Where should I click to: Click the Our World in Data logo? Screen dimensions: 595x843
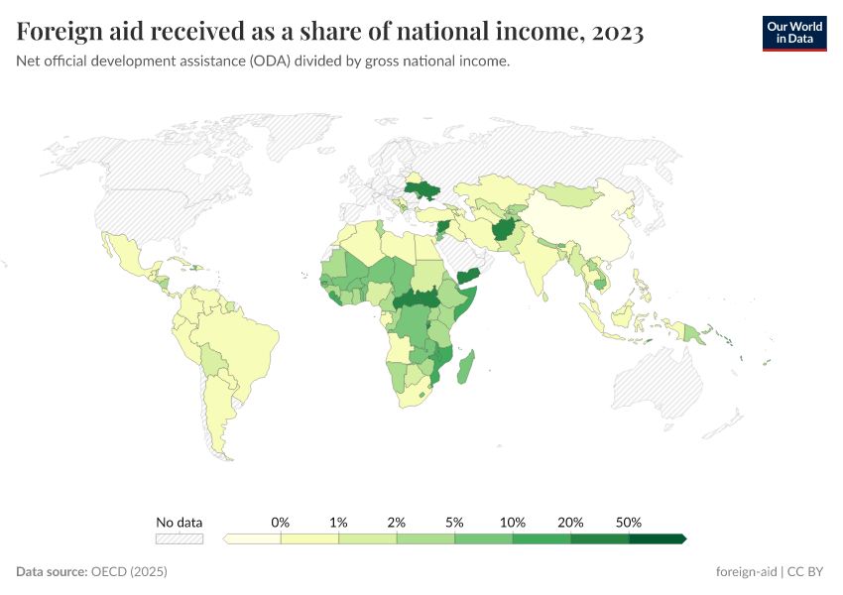pos(793,32)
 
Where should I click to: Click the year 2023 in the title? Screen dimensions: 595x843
pos(616,32)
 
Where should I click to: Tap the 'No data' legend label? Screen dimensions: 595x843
pos(179,522)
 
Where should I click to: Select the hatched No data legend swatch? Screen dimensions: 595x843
pos(179,538)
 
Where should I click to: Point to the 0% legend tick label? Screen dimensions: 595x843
pos(281,522)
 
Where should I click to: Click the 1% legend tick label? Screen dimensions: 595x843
pos(338,522)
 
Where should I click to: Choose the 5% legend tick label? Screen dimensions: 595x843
pos(454,522)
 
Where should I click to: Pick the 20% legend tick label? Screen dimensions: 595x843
pos(570,522)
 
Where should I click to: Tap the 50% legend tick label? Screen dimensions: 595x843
pos(629,522)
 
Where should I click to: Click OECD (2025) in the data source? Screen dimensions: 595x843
pos(129,572)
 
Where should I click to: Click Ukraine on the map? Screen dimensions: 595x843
pos(421,189)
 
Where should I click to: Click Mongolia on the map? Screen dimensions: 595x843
pos(575,194)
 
